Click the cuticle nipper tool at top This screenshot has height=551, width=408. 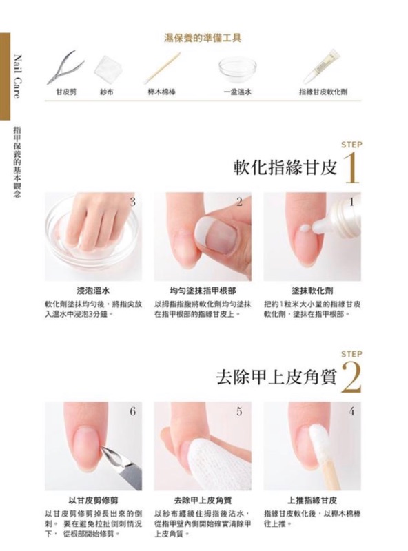[67, 65]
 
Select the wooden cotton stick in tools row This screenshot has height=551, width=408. [163, 67]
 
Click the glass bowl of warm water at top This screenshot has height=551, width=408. [237, 68]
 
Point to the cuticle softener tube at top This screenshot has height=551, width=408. [321, 66]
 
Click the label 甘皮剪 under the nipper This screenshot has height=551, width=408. [65, 91]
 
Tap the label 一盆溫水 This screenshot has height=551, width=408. [237, 91]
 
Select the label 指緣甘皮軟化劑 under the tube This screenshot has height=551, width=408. [321, 91]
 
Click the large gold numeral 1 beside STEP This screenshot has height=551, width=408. [351, 168]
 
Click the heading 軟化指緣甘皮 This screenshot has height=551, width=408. [285, 167]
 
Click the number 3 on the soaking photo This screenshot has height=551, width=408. [132, 202]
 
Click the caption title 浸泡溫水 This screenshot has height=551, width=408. [93, 291]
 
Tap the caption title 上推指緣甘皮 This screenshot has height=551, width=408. [312, 501]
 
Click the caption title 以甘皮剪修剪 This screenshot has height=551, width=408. [93, 501]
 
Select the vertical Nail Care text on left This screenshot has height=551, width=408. [17, 76]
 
